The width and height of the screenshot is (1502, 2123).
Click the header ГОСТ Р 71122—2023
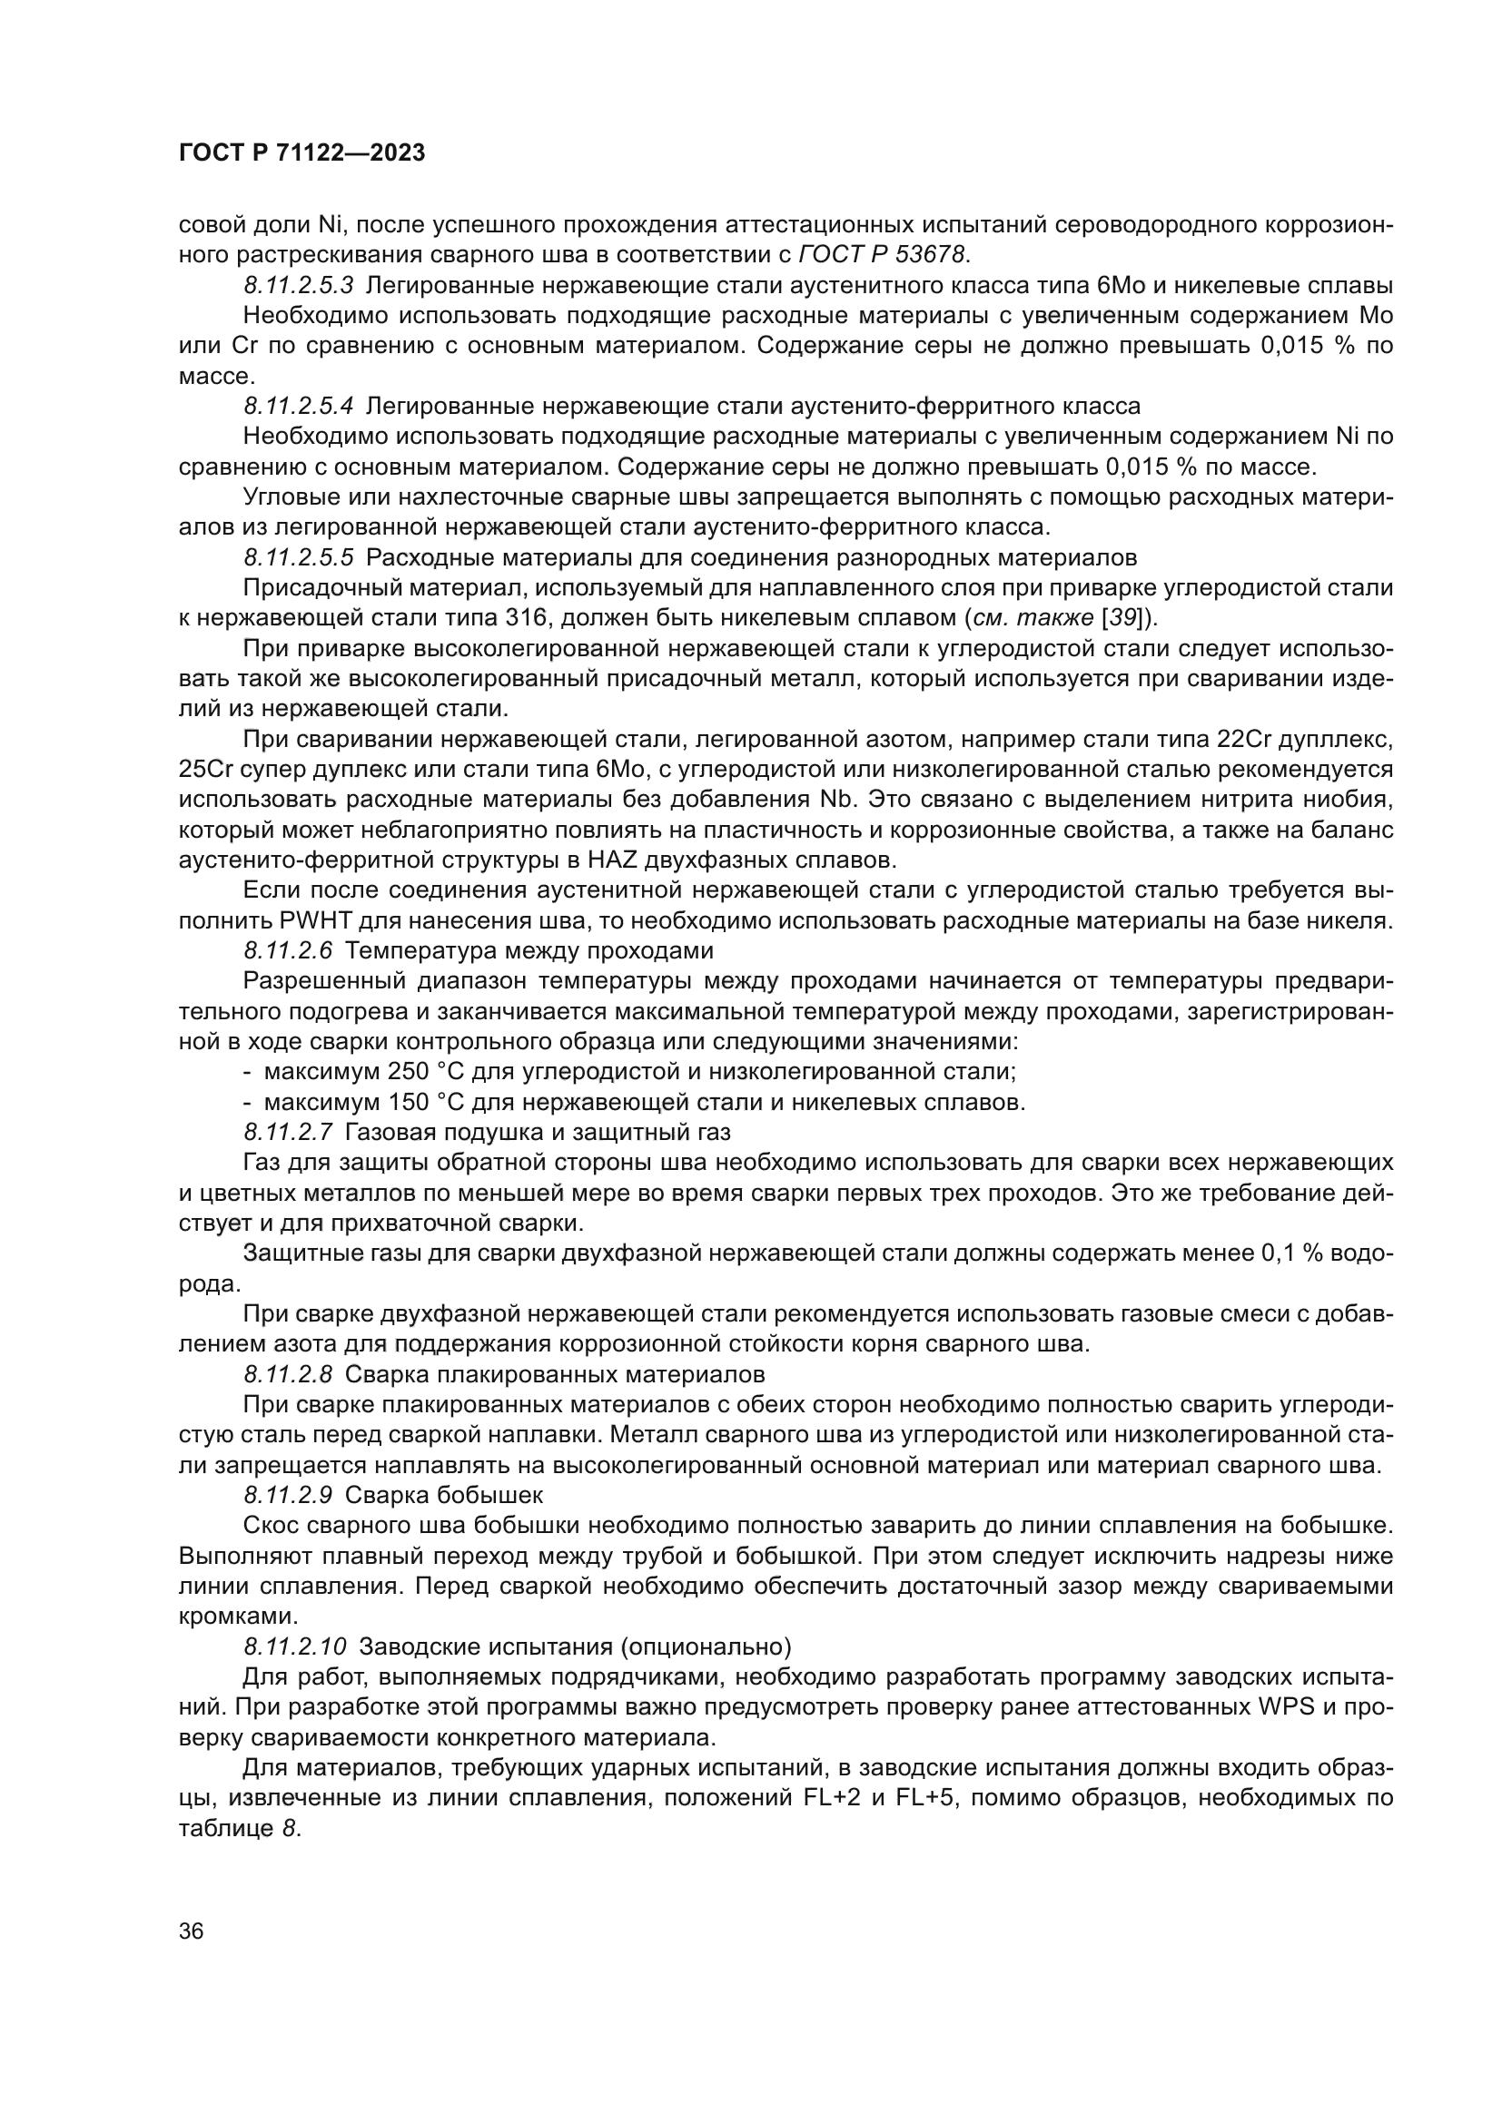301,153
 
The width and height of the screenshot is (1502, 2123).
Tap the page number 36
192,1931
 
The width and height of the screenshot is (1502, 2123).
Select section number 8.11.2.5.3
299,285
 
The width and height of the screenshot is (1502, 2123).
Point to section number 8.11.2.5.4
299,406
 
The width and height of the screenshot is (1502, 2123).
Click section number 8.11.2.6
288,950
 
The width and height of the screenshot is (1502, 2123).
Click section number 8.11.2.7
288,1132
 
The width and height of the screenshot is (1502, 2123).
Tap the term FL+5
927,1797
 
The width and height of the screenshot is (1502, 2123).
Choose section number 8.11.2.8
288,1374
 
